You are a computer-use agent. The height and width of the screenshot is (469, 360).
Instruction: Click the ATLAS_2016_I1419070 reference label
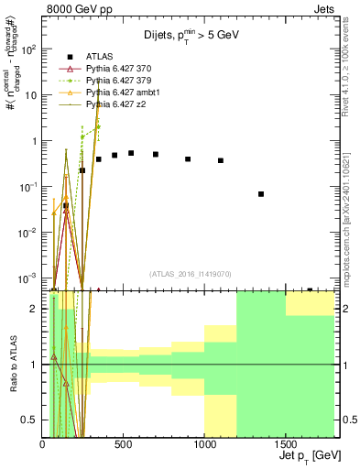(191, 274)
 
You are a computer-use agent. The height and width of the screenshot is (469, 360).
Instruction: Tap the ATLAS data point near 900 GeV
(188, 158)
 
